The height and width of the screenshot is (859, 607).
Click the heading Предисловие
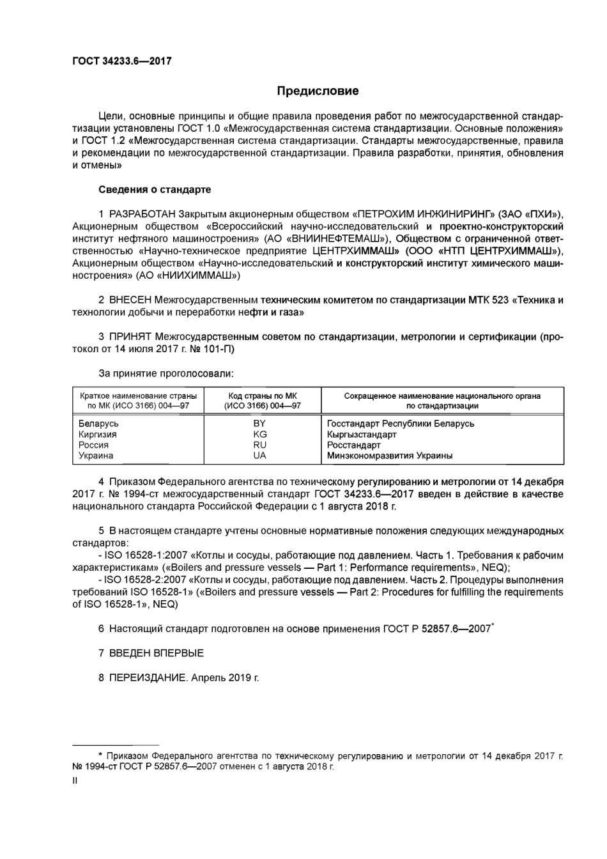coord(318,91)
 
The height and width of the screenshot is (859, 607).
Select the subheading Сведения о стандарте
coord(155,190)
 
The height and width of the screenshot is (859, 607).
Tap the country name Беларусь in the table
coord(98,424)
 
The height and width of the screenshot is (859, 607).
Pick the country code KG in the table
coord(259,435)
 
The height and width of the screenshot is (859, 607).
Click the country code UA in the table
coord(259,456)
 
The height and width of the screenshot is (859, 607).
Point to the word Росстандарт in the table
coord(353,445)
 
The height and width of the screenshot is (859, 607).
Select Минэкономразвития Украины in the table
coord(389,456)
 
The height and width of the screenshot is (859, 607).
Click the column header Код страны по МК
coord(262,396)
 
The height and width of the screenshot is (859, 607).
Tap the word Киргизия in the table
coord(98,435)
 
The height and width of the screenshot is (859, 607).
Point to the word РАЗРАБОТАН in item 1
coord(142,213)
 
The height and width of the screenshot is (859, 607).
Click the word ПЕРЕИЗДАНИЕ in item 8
coord(147,677)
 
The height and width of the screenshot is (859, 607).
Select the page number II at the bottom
coord(75,780)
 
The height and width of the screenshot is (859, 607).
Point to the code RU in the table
coord(259,445)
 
